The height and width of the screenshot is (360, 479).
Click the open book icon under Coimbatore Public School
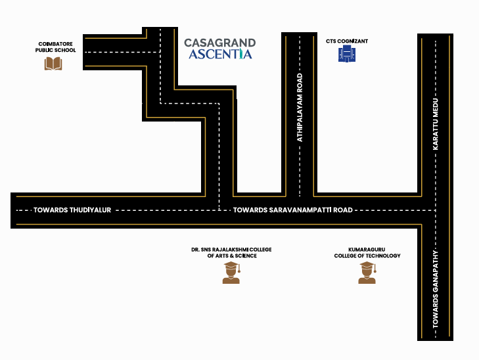(53, 64)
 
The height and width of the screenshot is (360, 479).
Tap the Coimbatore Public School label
(55, 47)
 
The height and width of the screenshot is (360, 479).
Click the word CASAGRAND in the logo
(220, 43)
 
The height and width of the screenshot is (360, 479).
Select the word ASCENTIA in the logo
(220, 54)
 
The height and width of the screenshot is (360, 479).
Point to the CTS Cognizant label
(347, 41)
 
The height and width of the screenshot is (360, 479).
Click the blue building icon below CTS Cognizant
(347, 53)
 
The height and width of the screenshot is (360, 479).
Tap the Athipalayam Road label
(300, 108)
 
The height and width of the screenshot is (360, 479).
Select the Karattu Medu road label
(436, 124)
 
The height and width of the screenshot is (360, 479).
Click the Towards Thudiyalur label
(72, 210)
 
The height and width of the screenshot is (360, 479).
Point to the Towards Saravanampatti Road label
(293, 210)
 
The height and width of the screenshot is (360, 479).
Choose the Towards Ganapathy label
(436, 290)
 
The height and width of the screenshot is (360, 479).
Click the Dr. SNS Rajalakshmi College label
(231, 252)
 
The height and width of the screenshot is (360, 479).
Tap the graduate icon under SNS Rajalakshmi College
(231, 273)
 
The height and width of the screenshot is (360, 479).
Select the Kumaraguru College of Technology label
(367, 252)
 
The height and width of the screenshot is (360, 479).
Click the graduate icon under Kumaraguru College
(367, 273)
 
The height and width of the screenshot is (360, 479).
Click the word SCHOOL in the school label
(65, 50)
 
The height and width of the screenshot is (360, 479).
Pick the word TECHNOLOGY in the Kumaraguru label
(384, 256)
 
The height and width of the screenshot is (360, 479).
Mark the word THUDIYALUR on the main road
(90, 210)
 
